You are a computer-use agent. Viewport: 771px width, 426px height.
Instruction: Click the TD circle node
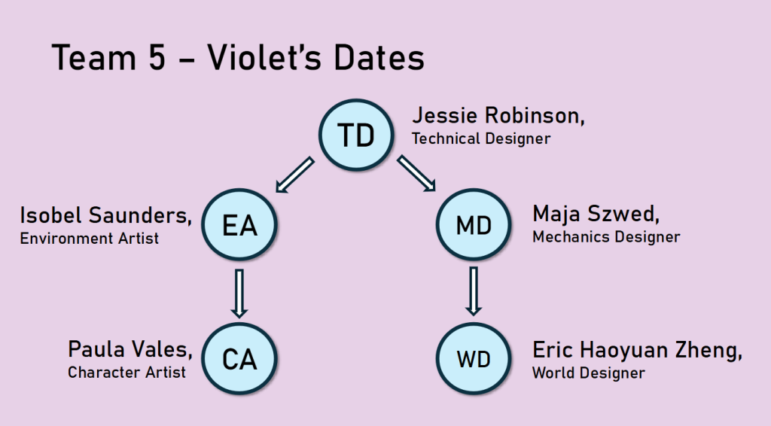click(356, 135)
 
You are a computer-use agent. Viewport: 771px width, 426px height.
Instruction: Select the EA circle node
click(239, 224)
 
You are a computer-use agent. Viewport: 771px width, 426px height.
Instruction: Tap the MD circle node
click(474, 224)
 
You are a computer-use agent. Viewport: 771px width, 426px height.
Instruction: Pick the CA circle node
click(239, 359)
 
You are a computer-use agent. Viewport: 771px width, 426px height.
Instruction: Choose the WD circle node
click(474, 359)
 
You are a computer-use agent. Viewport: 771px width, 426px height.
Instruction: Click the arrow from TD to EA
click(294, 175)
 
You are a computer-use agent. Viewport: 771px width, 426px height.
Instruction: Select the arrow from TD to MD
click(416, 173)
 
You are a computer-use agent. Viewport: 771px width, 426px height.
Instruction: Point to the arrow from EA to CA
click(239, 294)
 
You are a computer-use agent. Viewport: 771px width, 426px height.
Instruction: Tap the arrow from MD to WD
click(474, 291)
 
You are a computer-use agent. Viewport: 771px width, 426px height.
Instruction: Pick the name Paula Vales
click(129, 349)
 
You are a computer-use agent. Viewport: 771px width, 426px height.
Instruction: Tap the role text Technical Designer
click(481, 138)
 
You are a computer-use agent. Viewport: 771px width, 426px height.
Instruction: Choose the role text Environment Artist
click(89, 239)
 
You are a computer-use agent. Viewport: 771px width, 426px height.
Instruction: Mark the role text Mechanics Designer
click(606, 237)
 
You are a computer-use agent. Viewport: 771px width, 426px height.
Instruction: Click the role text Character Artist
click(126, 373)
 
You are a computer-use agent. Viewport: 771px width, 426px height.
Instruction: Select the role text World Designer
click(589, 373)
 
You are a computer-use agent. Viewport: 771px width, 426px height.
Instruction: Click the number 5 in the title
click(157, 57)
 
